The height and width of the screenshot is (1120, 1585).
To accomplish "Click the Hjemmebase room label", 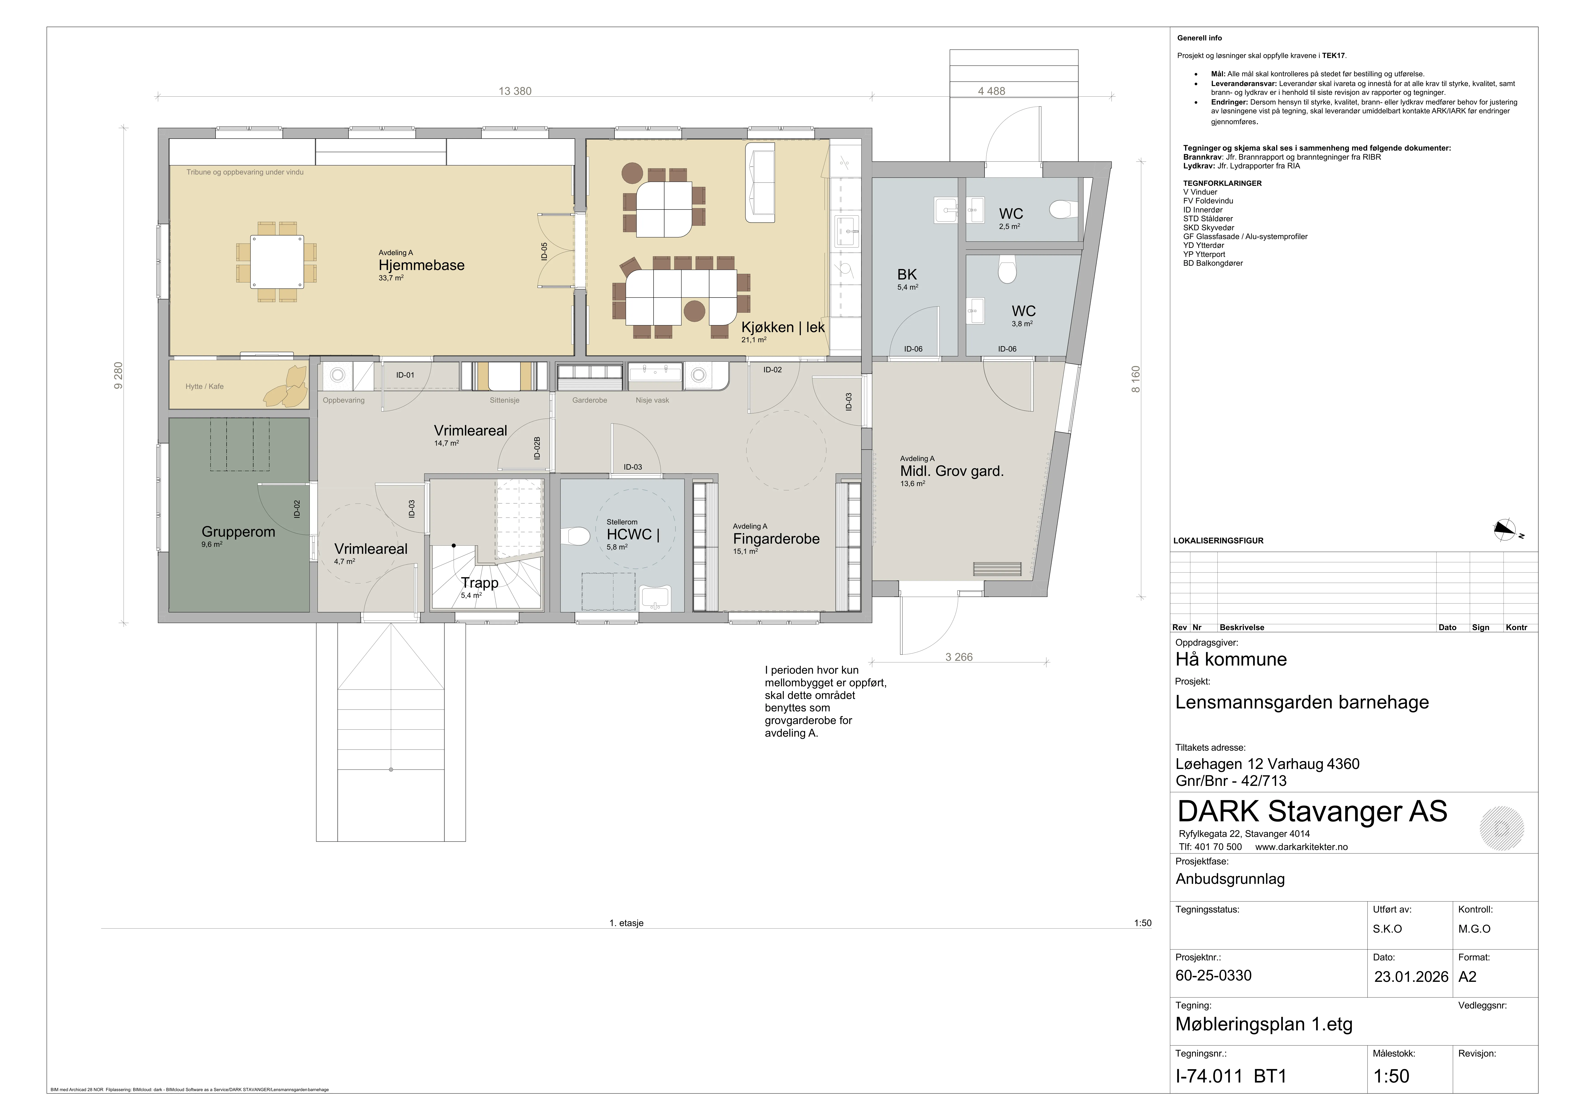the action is tap(421, 265).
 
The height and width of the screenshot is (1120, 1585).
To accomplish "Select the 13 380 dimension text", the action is tap(515, 91).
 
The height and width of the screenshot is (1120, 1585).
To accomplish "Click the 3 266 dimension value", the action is tap(959, 657).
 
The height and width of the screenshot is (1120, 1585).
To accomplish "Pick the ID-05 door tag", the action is tap(544, 251).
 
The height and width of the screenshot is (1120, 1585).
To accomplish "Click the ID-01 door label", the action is tap(405, 375).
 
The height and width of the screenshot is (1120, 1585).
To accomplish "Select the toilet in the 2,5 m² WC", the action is tap(1061, 208).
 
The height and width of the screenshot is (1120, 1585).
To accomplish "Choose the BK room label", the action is tap(907, 275).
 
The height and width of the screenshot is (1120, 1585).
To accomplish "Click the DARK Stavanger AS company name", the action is tap(1312, 812).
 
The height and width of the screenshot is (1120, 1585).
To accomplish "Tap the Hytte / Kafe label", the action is tap(204, 387).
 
